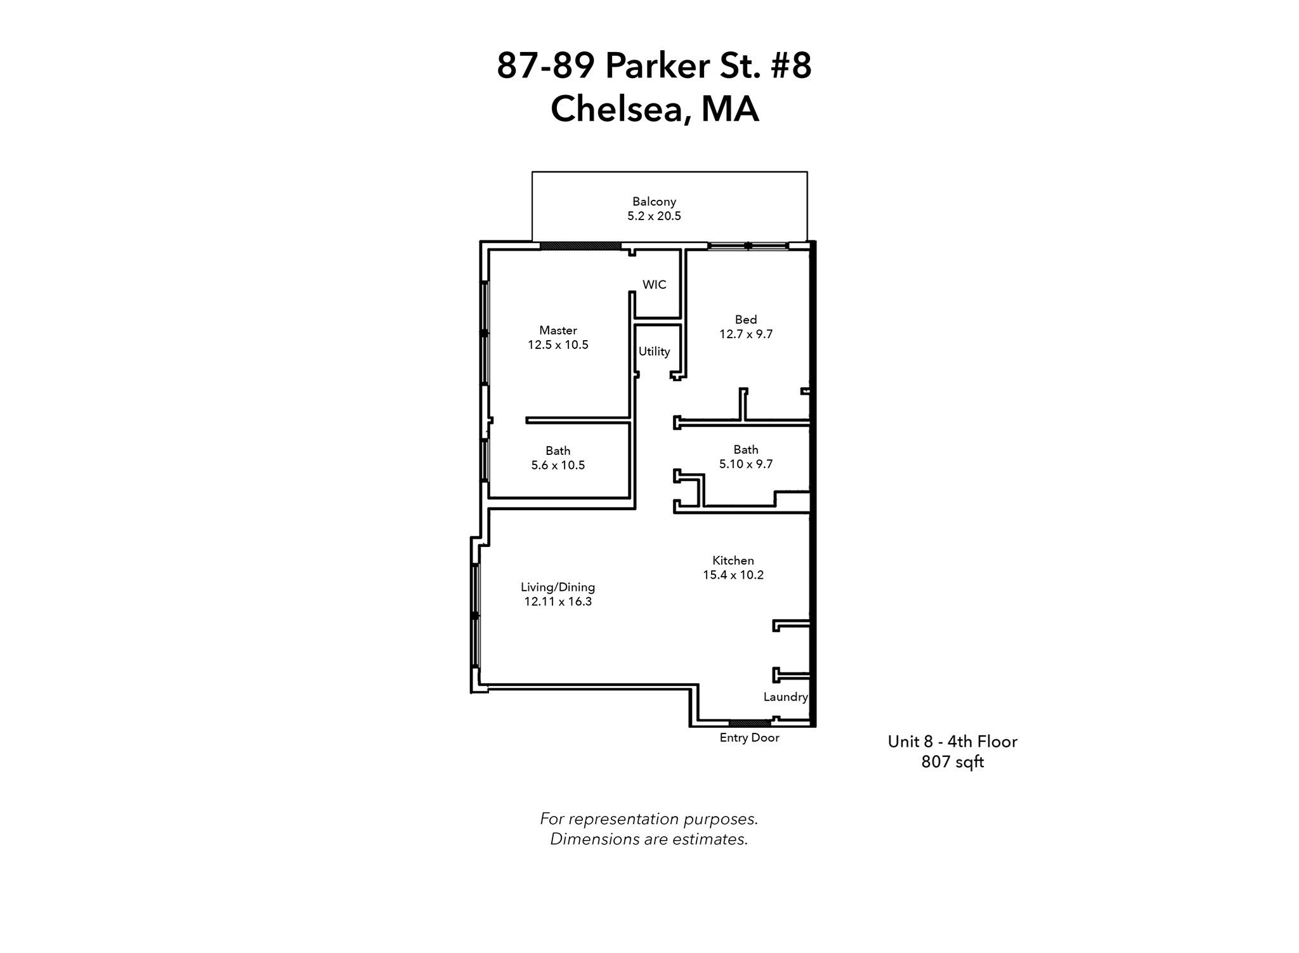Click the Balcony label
(654, 202)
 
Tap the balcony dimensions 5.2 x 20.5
(654, 216)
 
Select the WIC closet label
(654, 285)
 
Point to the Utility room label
(654, 352)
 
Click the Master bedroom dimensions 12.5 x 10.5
(558, 345)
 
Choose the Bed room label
(746, 320)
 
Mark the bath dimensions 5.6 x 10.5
(558, 465)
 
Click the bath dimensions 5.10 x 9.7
(746, 464)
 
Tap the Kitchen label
(733, 560)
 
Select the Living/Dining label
(558, 588)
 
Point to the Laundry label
(785, 697)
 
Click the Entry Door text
(749, 738)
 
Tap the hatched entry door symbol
(749, 723)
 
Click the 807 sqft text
(952, 762)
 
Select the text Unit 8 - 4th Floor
(952, 742)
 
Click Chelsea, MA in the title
(654, 109)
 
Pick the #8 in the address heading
(790, 66)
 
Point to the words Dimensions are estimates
(649, 839)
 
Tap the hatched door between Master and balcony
(580, 246)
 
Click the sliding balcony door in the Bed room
(748, 246)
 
